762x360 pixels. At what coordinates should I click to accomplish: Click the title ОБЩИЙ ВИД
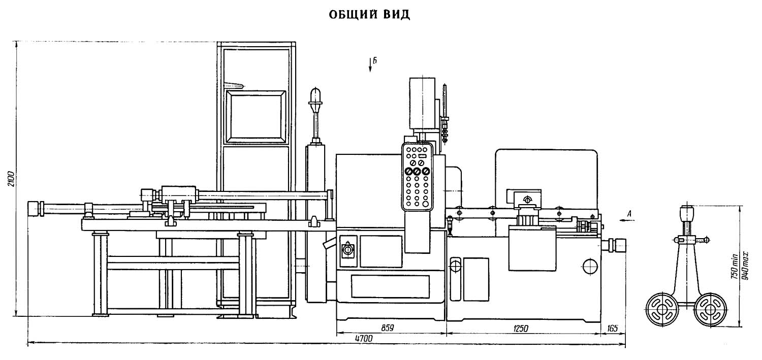click(369, 15)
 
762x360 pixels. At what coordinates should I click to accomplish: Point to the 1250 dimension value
click(521, 329)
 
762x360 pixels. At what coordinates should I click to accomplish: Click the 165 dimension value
click(612, 329)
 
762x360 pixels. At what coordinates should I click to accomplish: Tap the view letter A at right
click(629, 214)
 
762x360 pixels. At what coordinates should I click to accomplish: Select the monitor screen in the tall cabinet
click(256, 115)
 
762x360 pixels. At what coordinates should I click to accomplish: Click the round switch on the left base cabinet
click(348, 250)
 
